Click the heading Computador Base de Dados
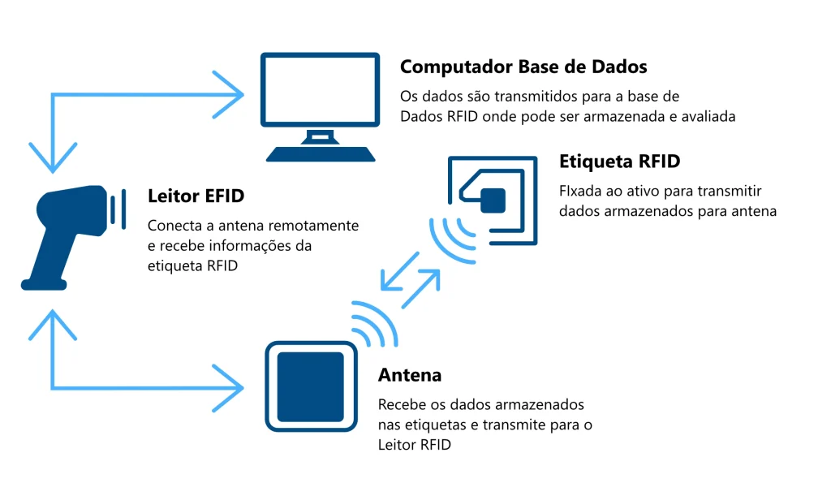(523, 67)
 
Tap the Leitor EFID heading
(196, 196)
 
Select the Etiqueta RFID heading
(619, 161)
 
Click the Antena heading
(410, 375)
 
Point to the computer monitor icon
(320, 90)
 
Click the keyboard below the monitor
(321, 153)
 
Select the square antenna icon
(311, 386)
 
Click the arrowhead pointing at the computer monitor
(232, 95)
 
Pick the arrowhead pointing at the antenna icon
(232, 387)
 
